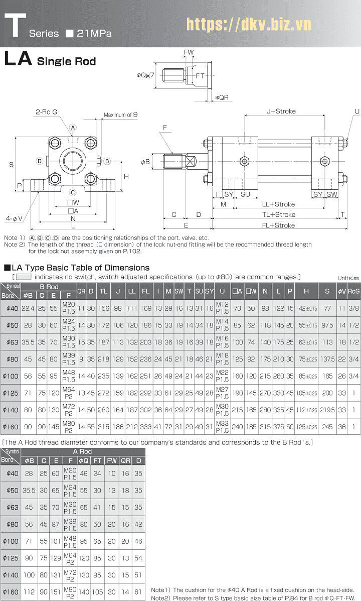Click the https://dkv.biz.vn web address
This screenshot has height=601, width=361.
[249, 24]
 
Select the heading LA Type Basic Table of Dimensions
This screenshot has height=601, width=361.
[77, 268]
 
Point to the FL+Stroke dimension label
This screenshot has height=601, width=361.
[278, 225]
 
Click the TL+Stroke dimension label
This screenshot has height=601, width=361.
[278, 214]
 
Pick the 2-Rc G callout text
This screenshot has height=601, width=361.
[46, 111]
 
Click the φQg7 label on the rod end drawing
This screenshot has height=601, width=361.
[145, 75]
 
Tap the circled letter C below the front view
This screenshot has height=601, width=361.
[73, 192]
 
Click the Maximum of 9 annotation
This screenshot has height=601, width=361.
[120, 115]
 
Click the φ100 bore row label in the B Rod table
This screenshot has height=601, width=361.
[10, 376]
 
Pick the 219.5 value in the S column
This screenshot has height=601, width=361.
[327, 410]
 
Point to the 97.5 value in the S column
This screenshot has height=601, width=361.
[327, 325]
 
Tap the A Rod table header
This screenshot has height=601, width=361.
[83, 451]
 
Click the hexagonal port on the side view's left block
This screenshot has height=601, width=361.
[244, 162]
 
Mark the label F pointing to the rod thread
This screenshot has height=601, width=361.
[164, 128]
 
